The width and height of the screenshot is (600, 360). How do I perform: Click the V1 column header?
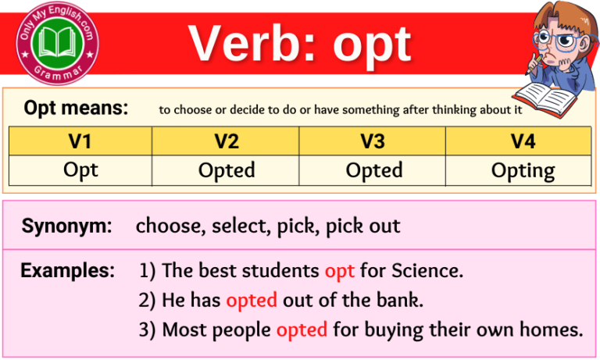click(x=80, y=141)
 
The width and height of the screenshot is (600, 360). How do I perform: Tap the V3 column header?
click(x=373, y=141)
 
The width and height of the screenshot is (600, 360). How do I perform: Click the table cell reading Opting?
click(x=523, y=171)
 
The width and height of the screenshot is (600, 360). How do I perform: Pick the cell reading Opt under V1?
click(x=80, y=170)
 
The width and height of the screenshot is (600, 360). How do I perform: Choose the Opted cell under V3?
click(x=373, y=170)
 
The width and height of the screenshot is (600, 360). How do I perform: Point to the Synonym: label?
click(x=67, y=226)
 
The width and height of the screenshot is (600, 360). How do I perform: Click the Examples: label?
click(x=68, y=271)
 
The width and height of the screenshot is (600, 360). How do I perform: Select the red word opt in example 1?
click(x=339, y=272)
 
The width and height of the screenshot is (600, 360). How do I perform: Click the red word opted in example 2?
click(x=252, y=301)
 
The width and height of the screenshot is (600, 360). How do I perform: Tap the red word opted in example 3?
click(x=302, y=330)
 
